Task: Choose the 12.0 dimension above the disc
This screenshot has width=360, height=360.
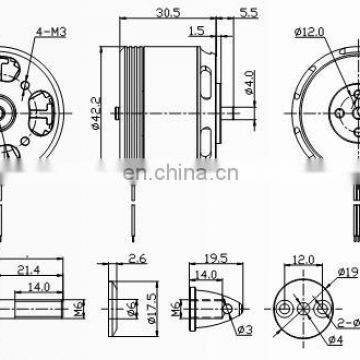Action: coord(302,257)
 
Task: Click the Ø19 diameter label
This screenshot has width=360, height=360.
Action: coord(349,271)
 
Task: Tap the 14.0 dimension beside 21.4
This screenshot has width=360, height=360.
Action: coord(40,286)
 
